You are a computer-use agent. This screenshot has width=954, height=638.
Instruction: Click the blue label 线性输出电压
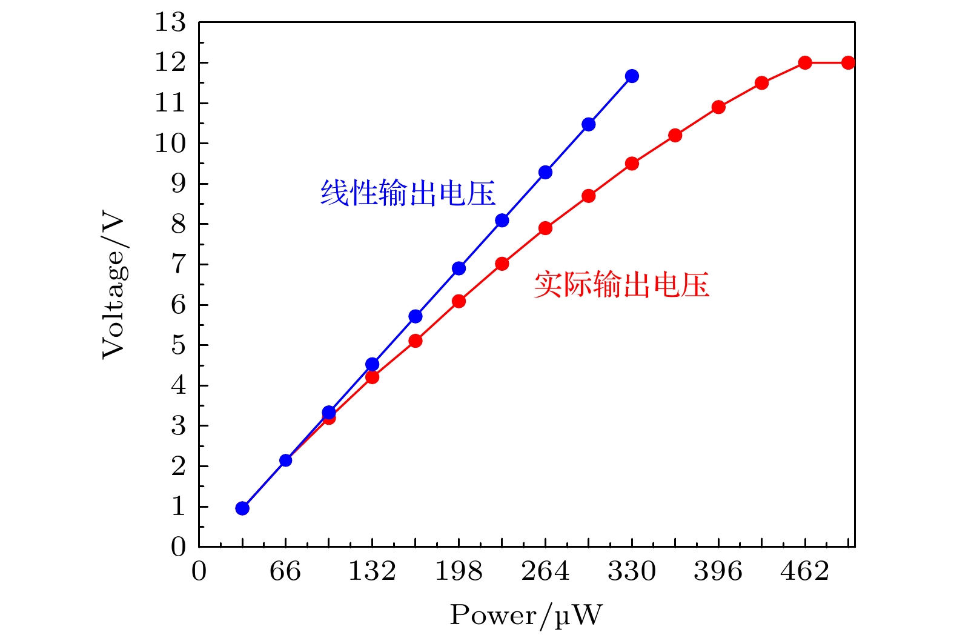[408, 193]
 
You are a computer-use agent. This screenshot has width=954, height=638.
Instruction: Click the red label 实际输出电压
[621, 284]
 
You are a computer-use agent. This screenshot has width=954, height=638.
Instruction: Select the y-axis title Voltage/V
[113, 285]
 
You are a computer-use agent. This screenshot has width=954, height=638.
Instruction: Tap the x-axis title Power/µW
[526, 616]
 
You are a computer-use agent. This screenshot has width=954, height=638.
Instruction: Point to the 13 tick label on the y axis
[170, 23]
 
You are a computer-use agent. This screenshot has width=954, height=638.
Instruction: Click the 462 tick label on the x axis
[804, 571]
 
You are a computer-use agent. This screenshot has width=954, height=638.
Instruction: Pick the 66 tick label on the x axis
[285, 571]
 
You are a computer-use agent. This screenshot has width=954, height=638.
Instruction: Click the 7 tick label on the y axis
[178, 265]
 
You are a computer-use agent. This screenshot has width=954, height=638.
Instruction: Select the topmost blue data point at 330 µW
[632, 76]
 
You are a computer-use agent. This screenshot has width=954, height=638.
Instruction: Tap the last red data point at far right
[848, 62]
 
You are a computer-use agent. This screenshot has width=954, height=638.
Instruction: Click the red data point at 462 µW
[805, 62]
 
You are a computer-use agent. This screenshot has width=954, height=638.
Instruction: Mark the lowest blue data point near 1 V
[242, 508]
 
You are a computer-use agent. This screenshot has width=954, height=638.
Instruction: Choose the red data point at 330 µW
[632, 164]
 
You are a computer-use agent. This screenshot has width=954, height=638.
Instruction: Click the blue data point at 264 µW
[545, 172]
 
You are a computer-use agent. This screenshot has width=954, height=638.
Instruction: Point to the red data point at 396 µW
[718, 107]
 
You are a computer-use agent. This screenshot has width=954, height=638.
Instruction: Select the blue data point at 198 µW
[459, 268]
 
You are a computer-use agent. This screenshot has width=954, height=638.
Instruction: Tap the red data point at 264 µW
[545, 228]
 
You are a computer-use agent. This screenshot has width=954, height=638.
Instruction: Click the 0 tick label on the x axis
[199, 571]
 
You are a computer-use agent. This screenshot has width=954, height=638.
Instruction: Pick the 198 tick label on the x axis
[459, 571]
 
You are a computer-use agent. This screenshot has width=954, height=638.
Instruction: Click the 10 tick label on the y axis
[170, 144]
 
